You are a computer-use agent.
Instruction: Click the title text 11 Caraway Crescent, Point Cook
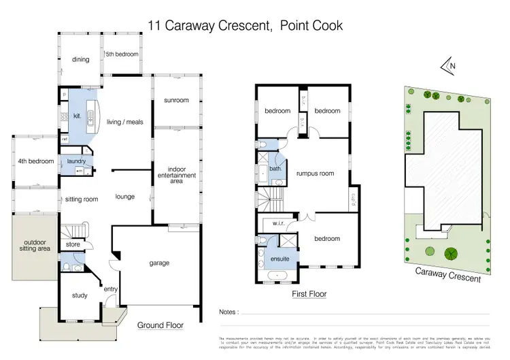click(x=245, y=26)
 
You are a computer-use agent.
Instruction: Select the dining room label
click(x=81, y=59)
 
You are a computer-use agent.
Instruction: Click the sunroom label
click(x=176, y=100)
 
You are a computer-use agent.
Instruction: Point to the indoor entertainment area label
click(x=176, y=176)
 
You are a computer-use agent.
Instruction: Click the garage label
click(x=159, y=263)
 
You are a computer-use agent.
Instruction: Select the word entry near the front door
click(x=110, y=289)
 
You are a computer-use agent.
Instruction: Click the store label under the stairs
click(x=73, y=244)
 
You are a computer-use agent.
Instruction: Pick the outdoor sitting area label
click(x=34, y=246)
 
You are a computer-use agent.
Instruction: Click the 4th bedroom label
click(x=35, y=161)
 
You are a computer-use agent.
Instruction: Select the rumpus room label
click(x=315, y=174)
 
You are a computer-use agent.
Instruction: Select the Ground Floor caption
click(x=160, y=325)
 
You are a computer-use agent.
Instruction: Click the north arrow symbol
click(x=449, y=65)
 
